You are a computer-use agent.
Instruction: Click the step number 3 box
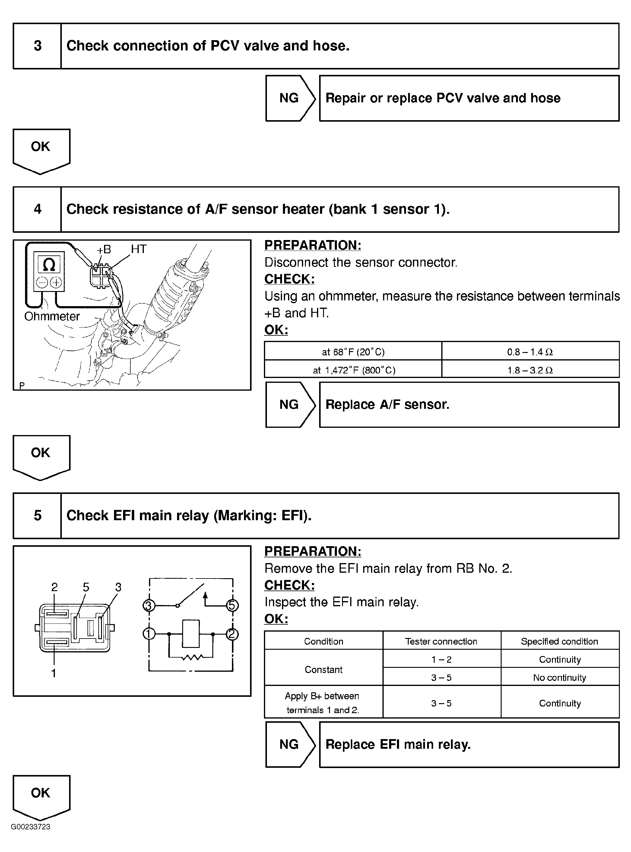click(x=37, y=46)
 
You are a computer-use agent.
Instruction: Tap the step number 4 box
click(x=37, y=209)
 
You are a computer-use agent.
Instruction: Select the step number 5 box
click(x=37, y=515)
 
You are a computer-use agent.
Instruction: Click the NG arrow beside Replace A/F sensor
click(x=290, y=404)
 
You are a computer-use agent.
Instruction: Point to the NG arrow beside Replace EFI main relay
click(x=290, y=744)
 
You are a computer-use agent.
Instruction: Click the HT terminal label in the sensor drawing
click(x=139, y=249)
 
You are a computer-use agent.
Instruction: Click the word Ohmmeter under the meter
click(x=52, y=316)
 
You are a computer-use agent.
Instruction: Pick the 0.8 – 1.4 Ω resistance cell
click(x=530, y=352)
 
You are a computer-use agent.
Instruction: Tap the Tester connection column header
click(x=441, y=641)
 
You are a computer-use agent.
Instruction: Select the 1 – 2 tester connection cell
click(x=441, y=659)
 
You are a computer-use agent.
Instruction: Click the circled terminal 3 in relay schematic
click(x=149, y=605)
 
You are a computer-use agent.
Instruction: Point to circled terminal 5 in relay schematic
click(x=232, y=605)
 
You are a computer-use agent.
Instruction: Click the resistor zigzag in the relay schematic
click(x=192, y=658)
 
